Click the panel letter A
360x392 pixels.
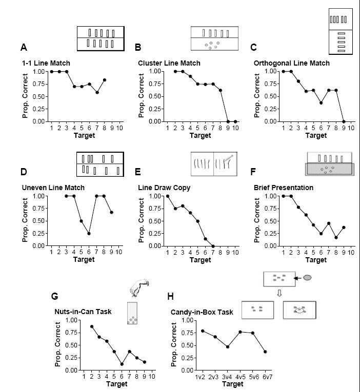click(24, 47)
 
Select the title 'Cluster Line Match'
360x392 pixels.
click(169, 63)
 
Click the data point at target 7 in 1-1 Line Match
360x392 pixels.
click(97, 93)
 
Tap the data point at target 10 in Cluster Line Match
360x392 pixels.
click(235, 122)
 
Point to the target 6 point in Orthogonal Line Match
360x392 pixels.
click(321, 103)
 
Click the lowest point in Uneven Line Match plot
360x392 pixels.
click(89, 234)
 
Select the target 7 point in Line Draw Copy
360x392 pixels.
click(213, 246)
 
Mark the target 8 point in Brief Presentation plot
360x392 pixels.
click(336, 238)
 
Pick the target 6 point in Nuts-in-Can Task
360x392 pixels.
click(122, 364)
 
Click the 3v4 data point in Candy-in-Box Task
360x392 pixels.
click(228, 347)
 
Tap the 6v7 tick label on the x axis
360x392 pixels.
click(267, 377)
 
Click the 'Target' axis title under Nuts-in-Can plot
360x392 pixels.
click(117, 384)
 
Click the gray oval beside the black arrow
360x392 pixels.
click(308, 278)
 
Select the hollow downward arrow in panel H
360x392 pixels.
click(279, 293)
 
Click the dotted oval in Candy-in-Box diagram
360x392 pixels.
click(299, 311)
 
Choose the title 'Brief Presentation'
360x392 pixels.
click(284, 188)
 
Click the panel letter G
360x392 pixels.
click(54, 297)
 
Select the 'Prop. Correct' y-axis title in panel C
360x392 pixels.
click(257, 95)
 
